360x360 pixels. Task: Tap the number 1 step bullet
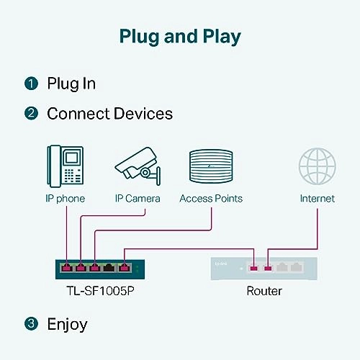pos(31,84)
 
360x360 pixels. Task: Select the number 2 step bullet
pos(31,113)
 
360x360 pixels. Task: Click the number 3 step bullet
pos(31,324)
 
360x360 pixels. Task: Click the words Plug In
pos(71,84)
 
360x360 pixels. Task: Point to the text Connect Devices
pos(109,113)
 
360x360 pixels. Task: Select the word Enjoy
pos(67,324)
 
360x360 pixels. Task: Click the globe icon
pos(317,166)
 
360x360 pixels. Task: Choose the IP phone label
pos(66,198)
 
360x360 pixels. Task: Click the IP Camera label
pos(138,198)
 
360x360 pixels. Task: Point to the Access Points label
pos(211,198)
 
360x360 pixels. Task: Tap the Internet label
pos(317,198)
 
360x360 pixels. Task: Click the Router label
pos(264,291)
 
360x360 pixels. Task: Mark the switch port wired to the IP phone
pos(66,269)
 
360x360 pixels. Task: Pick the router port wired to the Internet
pos(268,268)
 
